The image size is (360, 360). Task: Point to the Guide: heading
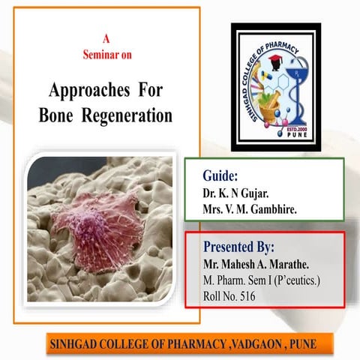tap(220, 176)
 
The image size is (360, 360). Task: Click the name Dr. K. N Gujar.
tap(238, 193)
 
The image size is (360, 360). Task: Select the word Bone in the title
tap(58, 116)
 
